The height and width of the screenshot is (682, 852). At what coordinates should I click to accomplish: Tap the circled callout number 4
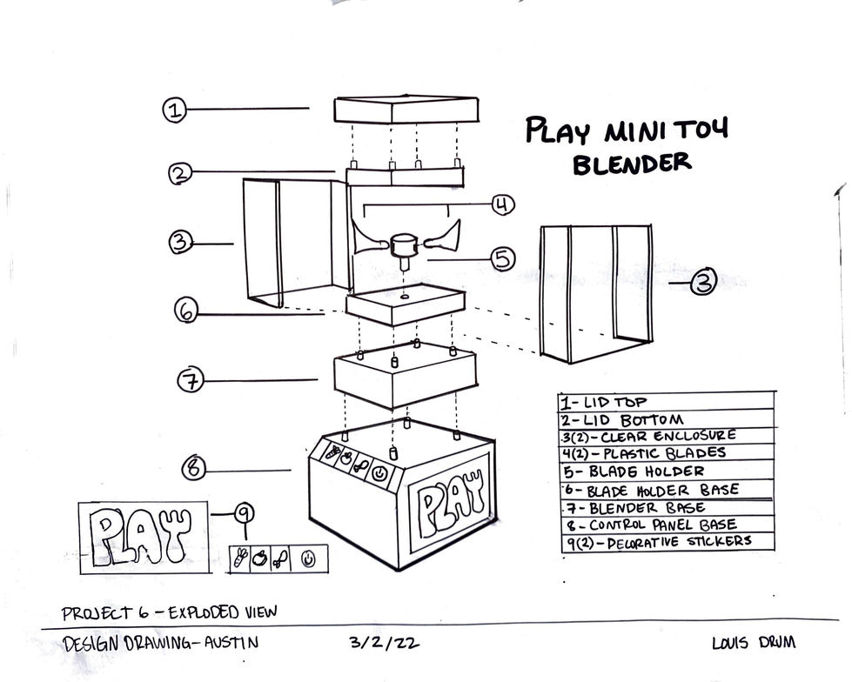point(501,205)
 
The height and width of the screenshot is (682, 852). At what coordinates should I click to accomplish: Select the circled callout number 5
point(502,258)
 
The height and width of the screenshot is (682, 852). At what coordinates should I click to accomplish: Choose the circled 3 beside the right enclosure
point(703,283)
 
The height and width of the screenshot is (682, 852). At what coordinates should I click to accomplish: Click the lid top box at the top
point(406,110)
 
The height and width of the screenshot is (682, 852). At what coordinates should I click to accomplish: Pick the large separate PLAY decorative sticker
point(144,538)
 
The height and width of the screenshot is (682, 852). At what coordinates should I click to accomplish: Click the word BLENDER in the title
point(632,163)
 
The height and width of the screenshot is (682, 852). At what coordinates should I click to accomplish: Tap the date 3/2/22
point(373,644)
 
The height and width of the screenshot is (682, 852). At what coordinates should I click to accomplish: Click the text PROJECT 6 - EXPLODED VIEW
point(170,612)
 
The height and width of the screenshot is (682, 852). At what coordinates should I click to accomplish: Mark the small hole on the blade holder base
point(406,298)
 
